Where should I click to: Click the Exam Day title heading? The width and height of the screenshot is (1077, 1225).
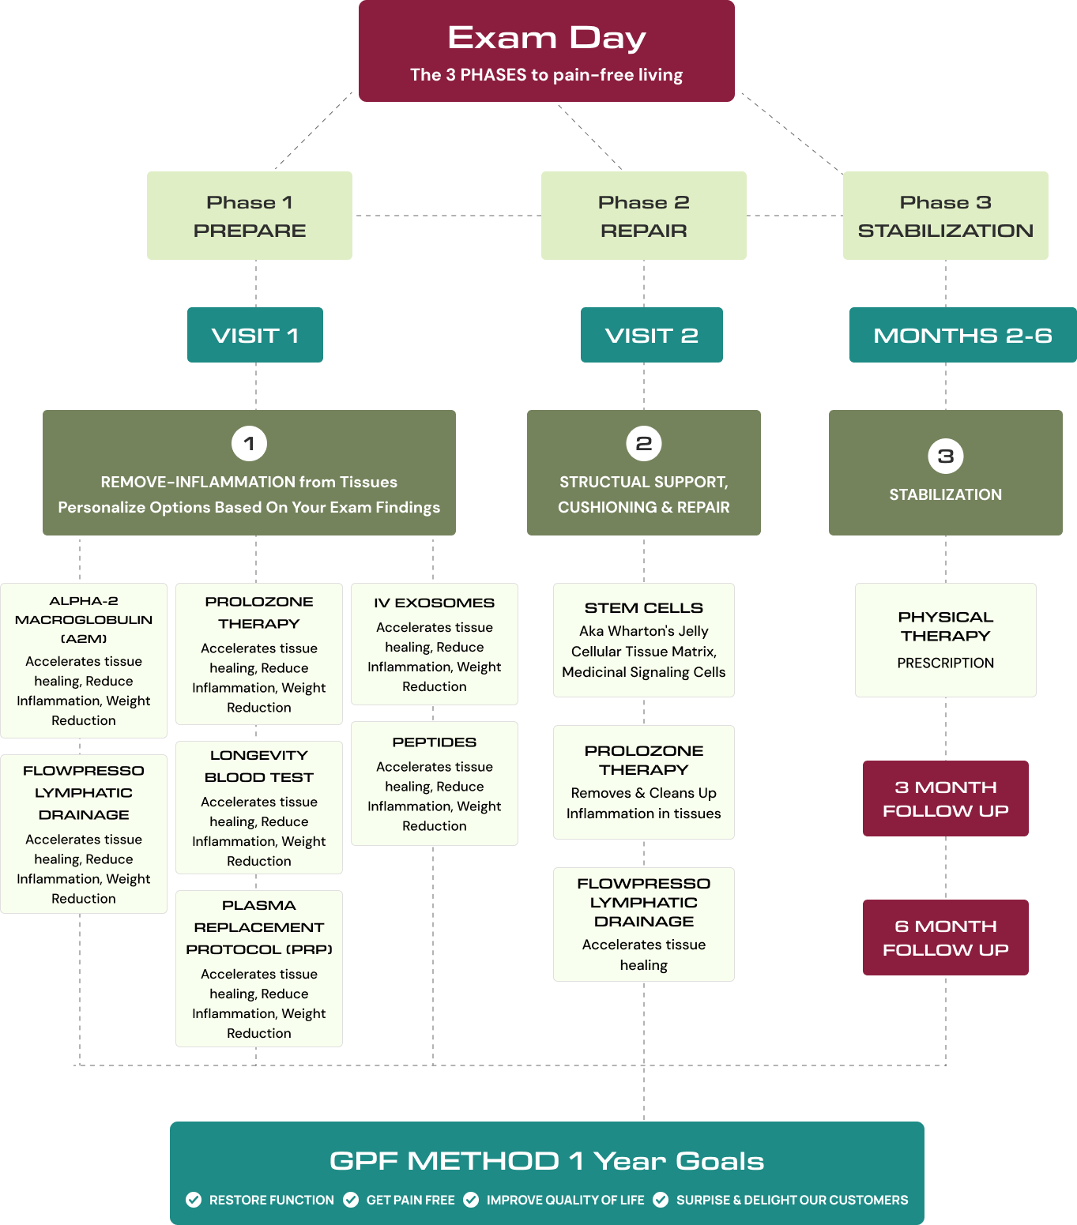(546, 38)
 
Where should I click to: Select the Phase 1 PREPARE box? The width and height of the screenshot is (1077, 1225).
(250, 216)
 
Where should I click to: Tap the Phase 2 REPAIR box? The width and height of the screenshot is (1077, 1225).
(643, 216)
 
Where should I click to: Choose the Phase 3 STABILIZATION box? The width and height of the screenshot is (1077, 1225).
(945, 216)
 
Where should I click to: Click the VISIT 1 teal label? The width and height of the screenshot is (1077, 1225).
(254, 335)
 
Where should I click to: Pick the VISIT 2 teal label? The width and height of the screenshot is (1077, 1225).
(651, 335)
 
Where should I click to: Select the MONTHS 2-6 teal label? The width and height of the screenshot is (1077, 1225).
(962, 335)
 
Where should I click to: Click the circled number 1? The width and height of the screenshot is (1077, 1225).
(249, 443)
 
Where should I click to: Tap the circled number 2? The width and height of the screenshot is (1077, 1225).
(643, 443)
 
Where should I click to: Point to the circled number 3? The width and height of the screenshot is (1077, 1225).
(945, 456)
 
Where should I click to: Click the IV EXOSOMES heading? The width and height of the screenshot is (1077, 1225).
(434, 603)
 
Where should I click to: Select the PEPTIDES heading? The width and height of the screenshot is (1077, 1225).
(434, 742)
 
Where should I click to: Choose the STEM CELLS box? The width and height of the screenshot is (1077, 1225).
(643, 640)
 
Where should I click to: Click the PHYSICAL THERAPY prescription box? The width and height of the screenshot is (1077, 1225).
(945, 640)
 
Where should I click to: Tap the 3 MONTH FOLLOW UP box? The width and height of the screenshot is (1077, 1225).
(945, 799)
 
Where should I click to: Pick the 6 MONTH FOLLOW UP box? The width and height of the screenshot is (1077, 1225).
(945, 938)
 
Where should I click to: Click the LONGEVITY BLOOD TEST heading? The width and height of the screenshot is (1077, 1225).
(258, 766)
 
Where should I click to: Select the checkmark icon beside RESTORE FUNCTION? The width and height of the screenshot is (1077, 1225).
(194, 1200)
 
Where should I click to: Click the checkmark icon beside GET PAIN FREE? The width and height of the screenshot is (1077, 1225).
(351, 1200)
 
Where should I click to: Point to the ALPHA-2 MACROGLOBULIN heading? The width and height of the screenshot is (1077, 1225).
(84, 619)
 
